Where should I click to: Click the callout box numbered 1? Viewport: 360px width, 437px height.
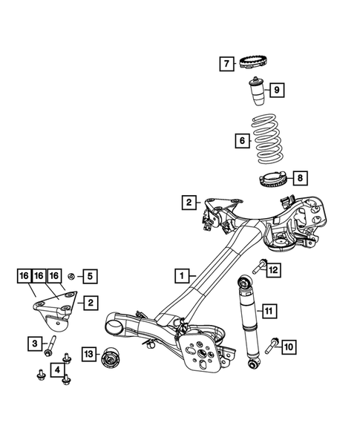coord(180,276)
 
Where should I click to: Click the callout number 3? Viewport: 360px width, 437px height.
coord(35,343)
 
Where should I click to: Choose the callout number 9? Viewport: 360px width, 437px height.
coord(275,91)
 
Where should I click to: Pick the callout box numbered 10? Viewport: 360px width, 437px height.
coord(289,346)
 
